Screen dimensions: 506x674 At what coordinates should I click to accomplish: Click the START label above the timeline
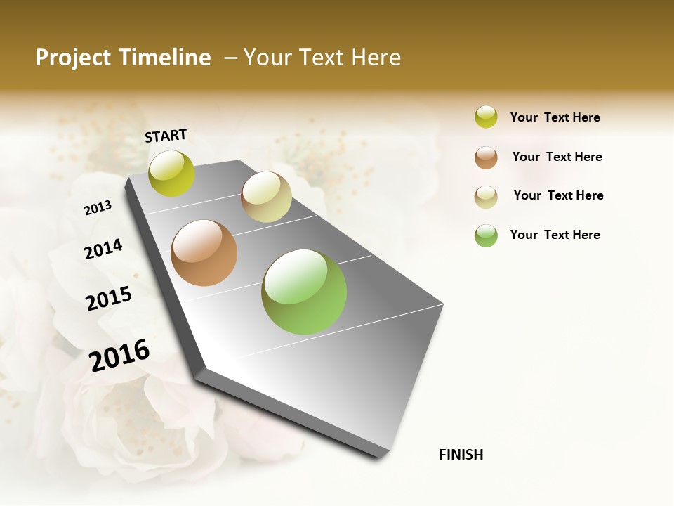pyautogui.click(x=166, y=136)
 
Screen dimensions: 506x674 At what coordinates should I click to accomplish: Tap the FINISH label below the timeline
pyautogui.click(x=461, y=455)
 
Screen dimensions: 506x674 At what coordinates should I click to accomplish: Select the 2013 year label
pyautogui.click(x=98, y=208)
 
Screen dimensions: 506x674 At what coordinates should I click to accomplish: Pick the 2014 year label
pyautogui.click(x=103, y=249)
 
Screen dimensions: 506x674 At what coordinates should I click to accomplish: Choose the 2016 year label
pyautogui.click(x=119, y=356)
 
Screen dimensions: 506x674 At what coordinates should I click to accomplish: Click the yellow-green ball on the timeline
pyautogui.click(x=172, y=174)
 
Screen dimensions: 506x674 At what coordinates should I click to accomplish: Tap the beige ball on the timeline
pyautogui.click(x=266, y=197)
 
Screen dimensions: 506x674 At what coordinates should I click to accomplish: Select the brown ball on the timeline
pyautogui.click(x=204, y=253)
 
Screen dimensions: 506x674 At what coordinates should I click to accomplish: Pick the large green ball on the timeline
pyautogui.click(x=304, y=292)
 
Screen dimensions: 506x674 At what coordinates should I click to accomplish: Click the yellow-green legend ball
pyautogui.click(x=486, y=117)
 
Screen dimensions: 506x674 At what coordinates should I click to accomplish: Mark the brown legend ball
pyautogui.click(x=486, y=157)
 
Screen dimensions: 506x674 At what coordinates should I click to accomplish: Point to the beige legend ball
pyautogui.click(x=486, y=196)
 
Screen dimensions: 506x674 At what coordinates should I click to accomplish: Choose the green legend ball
pyautogui.click(x=486, y=235)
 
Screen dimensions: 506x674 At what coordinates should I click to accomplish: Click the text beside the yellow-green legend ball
pyautogui.click(x=555, y=118)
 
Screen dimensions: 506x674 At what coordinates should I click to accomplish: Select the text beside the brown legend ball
pyautogui.click(x=557, y=157)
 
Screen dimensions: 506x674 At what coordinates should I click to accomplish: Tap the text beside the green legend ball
pyautogui.click(x=555, y=235)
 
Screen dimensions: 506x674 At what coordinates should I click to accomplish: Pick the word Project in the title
pyautogui.click(x=73, y=58)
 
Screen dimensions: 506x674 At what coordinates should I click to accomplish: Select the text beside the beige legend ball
pyautogui.click(x=559, y=195)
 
